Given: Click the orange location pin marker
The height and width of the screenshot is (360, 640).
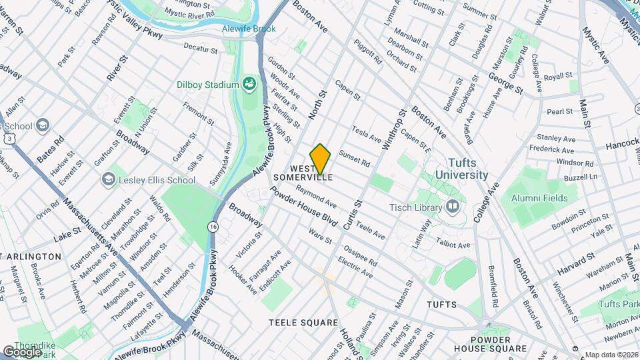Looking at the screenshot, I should [x=321, y=159].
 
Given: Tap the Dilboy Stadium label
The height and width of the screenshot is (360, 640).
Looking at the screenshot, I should [x=207, y=85].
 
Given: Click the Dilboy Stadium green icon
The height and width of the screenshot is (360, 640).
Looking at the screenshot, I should [x=250, y=83].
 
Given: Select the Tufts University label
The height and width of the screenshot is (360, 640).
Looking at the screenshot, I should [x=462, y=169].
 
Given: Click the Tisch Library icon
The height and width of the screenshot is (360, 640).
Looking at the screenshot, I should [x=453, y=207].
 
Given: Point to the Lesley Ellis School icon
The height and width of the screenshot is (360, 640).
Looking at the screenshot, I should [x=108, y=180].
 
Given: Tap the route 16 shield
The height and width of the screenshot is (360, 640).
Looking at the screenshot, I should [x=213, y=227].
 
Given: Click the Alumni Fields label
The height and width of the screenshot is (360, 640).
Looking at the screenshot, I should [x=539, y=198].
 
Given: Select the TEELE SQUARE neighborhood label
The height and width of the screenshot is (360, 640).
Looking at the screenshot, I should [x=303, y=323].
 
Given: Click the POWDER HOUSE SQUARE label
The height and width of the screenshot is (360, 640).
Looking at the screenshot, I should [x=491, y=343].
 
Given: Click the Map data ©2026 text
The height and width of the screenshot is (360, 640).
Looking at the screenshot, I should [x=611, y=355].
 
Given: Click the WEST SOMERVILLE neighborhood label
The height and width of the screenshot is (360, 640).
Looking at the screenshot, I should [x=311, y=173].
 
